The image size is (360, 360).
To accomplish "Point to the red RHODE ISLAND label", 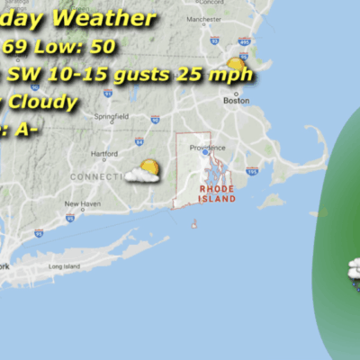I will pyautogui.click(x=217, y=192).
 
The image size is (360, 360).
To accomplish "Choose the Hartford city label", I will pyautogui.click(x=105, y=154).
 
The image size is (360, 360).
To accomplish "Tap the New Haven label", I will pyautogui.click(x=83, y=203).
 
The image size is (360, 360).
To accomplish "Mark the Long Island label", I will pyautogui.click(x=64, y=266).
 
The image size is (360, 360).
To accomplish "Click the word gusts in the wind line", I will pyautogui.click(x=157, y=74).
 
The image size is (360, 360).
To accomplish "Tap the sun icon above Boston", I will pyautogui.click(x=236, y=64).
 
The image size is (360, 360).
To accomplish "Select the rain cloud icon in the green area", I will pyautogui.click(x=354, y=270).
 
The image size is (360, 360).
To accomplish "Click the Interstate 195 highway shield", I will pyautogui.click(x=250, y=171).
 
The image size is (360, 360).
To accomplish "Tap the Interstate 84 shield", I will pyautogui.click(x=139, y=141).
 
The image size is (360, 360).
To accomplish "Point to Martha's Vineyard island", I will pyautogui.click(x=272, y=201).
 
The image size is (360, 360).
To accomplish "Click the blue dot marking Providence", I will pyautogui.click(x=205, y=154).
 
